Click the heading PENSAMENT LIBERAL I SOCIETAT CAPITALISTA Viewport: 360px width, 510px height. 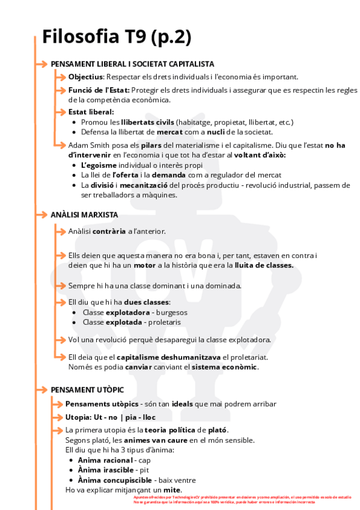[x=132, y=64]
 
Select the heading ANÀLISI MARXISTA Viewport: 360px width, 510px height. [x=84, y=214]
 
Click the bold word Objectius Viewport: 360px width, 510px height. [x=86, y=76]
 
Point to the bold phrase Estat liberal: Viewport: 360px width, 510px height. [x=91, y=112]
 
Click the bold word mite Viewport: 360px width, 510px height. [x=171, y=490]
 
